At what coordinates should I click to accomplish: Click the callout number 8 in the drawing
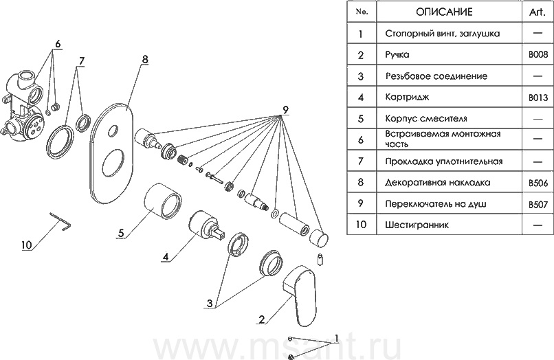[144, 60]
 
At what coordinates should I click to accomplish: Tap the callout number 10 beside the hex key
[27, 244]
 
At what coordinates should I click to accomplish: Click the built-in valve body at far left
[25, 104]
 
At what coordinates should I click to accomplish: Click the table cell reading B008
[538, 54]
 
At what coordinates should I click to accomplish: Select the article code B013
[538, 98]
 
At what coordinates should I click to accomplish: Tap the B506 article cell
[538, 183]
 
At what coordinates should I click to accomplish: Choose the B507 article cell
[538, 205]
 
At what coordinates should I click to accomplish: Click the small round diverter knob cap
[318, 238]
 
